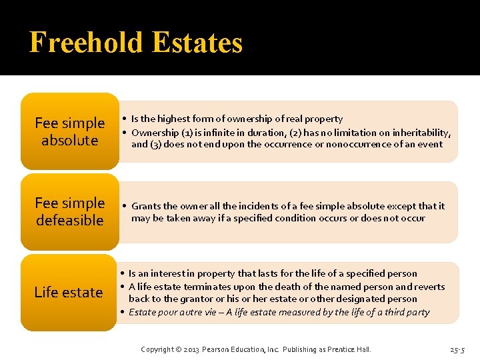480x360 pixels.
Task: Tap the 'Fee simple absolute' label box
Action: click(x=69, y=131)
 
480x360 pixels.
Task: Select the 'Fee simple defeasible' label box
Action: click(x=69, y=211)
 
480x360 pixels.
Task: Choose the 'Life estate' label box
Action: click(x=69, y=292)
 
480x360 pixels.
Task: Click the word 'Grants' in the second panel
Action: click(x=146, y=206)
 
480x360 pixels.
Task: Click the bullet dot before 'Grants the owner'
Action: click(x=125, y=206)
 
